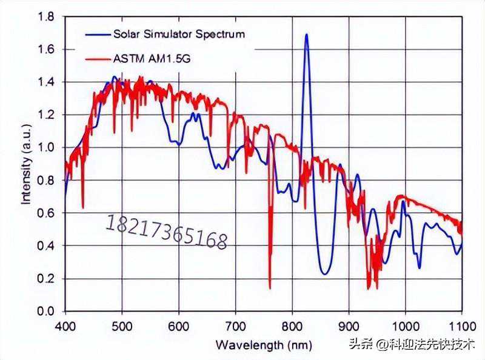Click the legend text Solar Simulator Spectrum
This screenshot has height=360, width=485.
pos(179,33)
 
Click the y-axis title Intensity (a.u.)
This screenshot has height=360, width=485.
pos(27,164)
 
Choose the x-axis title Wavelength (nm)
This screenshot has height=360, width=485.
pos(264,345)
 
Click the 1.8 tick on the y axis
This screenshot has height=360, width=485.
pos(46,16)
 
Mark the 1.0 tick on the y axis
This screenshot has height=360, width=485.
pos(46,147)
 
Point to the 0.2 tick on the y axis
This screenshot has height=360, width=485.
pos(46,279)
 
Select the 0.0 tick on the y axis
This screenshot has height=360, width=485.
pos(46,311)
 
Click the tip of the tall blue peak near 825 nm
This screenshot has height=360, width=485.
pos(306,35)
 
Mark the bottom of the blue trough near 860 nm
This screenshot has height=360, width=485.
pos(326,274)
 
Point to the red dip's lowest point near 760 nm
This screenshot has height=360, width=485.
pos(270,288)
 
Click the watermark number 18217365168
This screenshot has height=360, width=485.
pos(167,232)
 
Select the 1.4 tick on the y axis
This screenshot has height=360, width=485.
pos(46,82)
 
